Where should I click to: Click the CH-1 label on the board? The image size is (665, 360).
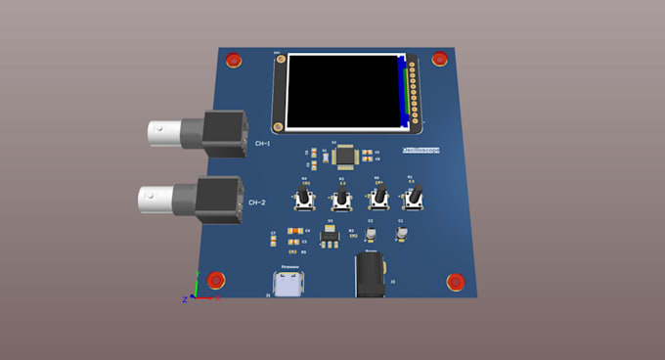point(262,144)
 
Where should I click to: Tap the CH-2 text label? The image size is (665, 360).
point(256,202)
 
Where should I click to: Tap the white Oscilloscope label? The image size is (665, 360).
point(421,150)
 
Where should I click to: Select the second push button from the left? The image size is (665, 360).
point(341,200)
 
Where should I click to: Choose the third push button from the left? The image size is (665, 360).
point(377,199)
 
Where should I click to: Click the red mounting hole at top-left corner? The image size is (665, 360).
point(234,62)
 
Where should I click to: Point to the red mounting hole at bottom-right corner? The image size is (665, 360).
point(455,282)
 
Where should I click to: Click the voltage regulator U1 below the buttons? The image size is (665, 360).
point(331,235)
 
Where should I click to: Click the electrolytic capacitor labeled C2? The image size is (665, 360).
point(371,234)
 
